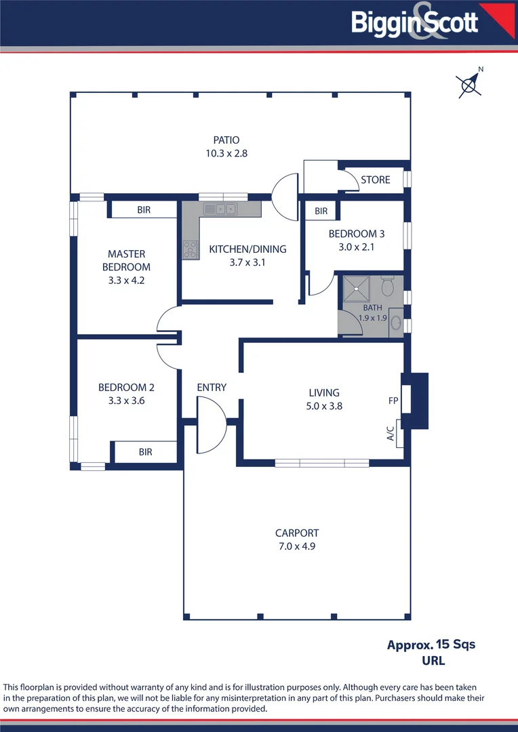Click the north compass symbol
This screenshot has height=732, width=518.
coord(469,85)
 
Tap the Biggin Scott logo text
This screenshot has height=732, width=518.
coord(414,22)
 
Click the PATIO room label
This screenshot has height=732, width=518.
coord(226,140)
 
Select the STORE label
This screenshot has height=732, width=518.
coord(375,180)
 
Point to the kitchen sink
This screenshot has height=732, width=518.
coord(220,209)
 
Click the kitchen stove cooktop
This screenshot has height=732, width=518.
coord(190,249)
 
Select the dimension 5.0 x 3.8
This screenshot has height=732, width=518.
coord(323,406)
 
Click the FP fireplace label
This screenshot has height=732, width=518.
coord(393,401)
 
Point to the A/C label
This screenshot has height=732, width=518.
coord(391,434)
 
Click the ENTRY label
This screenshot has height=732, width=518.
coord(212,387)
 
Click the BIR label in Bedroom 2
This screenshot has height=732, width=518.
coord(145,451)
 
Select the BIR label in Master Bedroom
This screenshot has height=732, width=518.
coord(144,210)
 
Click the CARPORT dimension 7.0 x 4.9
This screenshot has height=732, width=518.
coord(296,546)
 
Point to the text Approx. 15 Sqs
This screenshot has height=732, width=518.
coord(431,645)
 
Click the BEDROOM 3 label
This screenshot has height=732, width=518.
coord(356,234)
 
